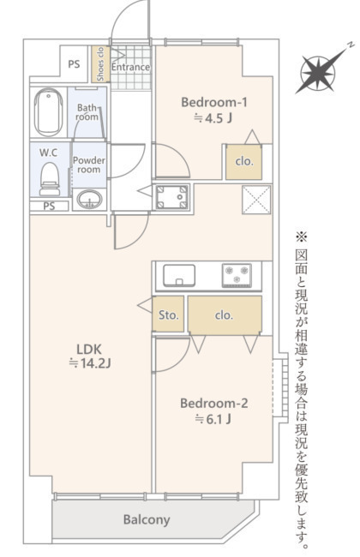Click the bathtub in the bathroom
click(x=48, y=112)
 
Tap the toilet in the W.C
click(x=50, y=179)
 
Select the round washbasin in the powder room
click(x=89, y=200)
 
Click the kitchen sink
click(x=179, y=275)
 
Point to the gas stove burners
click(x=237, y=275)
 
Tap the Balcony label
click(x=147, y=519)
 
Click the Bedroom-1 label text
click(x=214, y=102)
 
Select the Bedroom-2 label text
click(x=214, y=404)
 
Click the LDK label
click(x=89, y=349)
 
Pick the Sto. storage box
click(x=168, y=314)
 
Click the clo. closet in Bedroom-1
click(x=244, y=162)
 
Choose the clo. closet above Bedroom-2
click(x=225, y=314)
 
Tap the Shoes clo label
click(x=100, y=64)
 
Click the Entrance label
click(x=130, y=67)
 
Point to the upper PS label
click(x=74, y=64)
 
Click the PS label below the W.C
click(x=49, y=206)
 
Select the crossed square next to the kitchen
click(x=256, y=200)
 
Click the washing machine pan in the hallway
click(x=172, y=196)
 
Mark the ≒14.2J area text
click(x=90, y=363)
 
